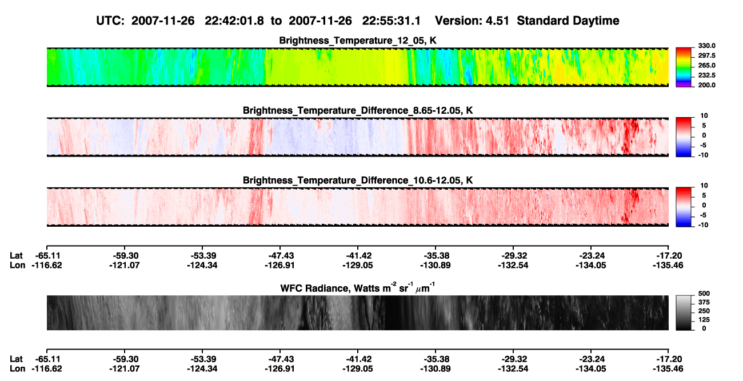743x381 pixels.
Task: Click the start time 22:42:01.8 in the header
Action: (234, 21)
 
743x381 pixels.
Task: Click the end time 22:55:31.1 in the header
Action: (392, 21)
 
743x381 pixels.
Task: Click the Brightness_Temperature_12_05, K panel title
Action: (358, 41)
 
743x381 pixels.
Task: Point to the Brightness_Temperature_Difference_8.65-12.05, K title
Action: (358, 110)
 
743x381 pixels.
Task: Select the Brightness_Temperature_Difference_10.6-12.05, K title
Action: (358, 181)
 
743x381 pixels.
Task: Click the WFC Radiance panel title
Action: (358, 288)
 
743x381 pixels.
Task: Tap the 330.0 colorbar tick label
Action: (706, 46)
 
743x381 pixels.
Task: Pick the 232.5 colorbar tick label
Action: (706, 75)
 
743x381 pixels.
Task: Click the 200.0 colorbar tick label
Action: (706, 85)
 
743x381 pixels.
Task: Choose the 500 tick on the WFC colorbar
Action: (704, 294)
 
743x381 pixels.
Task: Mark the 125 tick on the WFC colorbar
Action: (704, 320)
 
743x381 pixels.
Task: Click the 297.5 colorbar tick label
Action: (706, 55)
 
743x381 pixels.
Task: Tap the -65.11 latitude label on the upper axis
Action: (47, 256)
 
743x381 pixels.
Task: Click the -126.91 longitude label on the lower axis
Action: (279, 369)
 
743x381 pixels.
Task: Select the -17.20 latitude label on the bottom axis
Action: (668, 359)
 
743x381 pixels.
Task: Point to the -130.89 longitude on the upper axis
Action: (435, 265)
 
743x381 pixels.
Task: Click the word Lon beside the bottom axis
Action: (17, 369)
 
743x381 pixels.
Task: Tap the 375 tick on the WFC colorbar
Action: (704, 302)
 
